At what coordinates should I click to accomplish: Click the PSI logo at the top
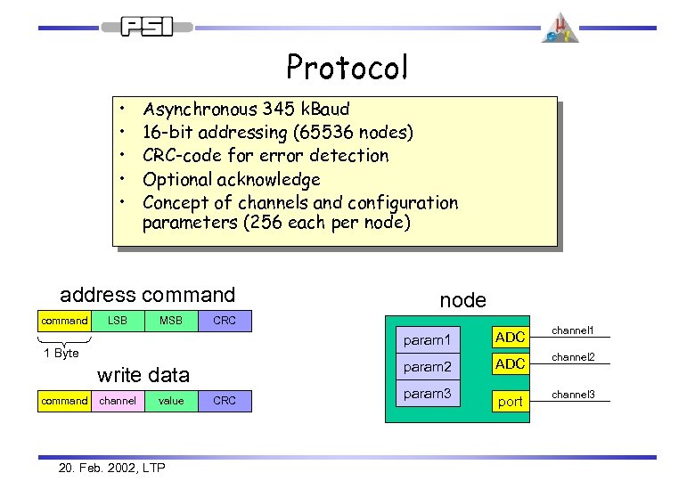(x=146, y=27)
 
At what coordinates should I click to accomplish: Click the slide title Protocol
(x=347, y=67)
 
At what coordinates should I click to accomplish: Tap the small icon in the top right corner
(x=560, y=28)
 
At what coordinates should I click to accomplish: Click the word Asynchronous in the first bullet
(x=200, y=110)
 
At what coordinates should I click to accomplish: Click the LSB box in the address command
(x=118, y=321)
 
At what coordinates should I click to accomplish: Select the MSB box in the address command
(x=171, y=321)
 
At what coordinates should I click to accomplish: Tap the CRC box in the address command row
(x=225, y=321)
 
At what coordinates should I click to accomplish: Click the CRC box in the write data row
(x=225, y=401)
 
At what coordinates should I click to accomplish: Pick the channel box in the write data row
(x=118, y=401)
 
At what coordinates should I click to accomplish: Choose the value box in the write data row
(x=171, y=401)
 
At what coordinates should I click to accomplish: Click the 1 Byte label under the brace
(x=61, y=354)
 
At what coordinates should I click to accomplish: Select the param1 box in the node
(x=428, y=339)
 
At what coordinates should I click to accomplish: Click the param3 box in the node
(x=428, y=394)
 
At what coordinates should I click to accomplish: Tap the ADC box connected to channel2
(x=510, y=365)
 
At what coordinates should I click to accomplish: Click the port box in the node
(x=510, y=402)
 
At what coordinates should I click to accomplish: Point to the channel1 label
(x=573, y=330)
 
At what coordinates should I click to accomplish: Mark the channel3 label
(x=573, y=394)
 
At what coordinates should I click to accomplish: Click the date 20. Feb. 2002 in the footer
(x=97, y=468)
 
